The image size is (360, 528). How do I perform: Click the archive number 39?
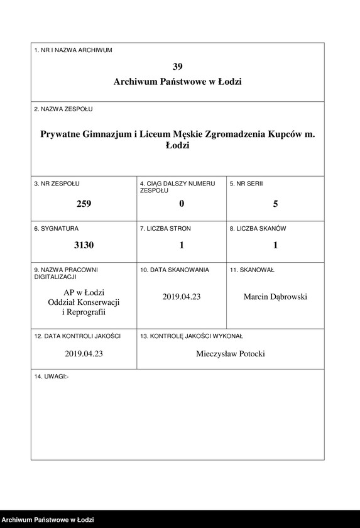pyautogui.click(x=178, y=66)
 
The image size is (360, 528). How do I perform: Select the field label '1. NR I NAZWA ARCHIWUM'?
pyautogui.click(x=73, y=50)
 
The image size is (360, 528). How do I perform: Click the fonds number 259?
pyautogui.click(x=84, y=204)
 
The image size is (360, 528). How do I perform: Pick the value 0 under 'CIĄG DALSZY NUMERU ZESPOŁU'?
pyautogui.click(x=182, y=204)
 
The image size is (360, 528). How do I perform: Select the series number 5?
pyautogui.click(x=275, y=204)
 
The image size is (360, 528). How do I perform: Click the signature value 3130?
pyautogui.click(x=84, y=245)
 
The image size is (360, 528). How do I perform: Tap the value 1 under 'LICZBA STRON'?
pyautogui.click(x=182, y=245)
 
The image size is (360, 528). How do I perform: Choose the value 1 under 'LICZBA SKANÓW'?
pyautogui.click(x=275, y=245)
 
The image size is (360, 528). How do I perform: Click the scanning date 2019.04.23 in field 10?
pyautogui.click(x=182, y=297)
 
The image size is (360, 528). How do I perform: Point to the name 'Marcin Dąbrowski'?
pyautogui.click(x=275, y=297)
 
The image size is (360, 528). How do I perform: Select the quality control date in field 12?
pyautogui.click(x=84, y=354)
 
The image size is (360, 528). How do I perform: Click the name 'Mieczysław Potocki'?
pyautogui.click(x=231, y=354)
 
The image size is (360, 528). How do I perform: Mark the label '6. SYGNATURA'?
pyautogui.click(x=57, y=229)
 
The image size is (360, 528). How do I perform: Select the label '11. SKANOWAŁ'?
pyautogui.click(x=252, y=270)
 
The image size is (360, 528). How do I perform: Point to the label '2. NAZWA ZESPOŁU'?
pyautogui.click(x=63, y=109)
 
